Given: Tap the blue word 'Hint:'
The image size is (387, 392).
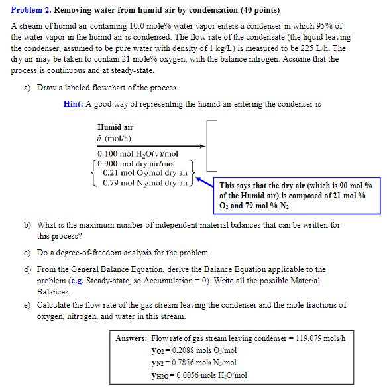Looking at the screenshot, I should pyautogui.click(x=74, y=104).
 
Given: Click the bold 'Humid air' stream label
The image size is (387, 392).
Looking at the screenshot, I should pyautogui.click(x=115, y=127).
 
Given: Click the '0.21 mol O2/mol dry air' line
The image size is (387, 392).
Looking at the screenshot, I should pyautogui.click(x=140, y=172).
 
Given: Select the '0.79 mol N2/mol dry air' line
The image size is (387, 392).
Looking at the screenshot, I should pyautogui.click(x=141, y=182).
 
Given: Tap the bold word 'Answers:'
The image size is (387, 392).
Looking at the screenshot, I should pyautogui.click(x=131, y=338).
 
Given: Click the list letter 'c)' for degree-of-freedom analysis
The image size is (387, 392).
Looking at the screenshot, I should pyautogui.click(x=27, y=253).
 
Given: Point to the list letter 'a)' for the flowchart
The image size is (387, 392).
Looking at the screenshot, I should pyautogui.click(x=27, y=88).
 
